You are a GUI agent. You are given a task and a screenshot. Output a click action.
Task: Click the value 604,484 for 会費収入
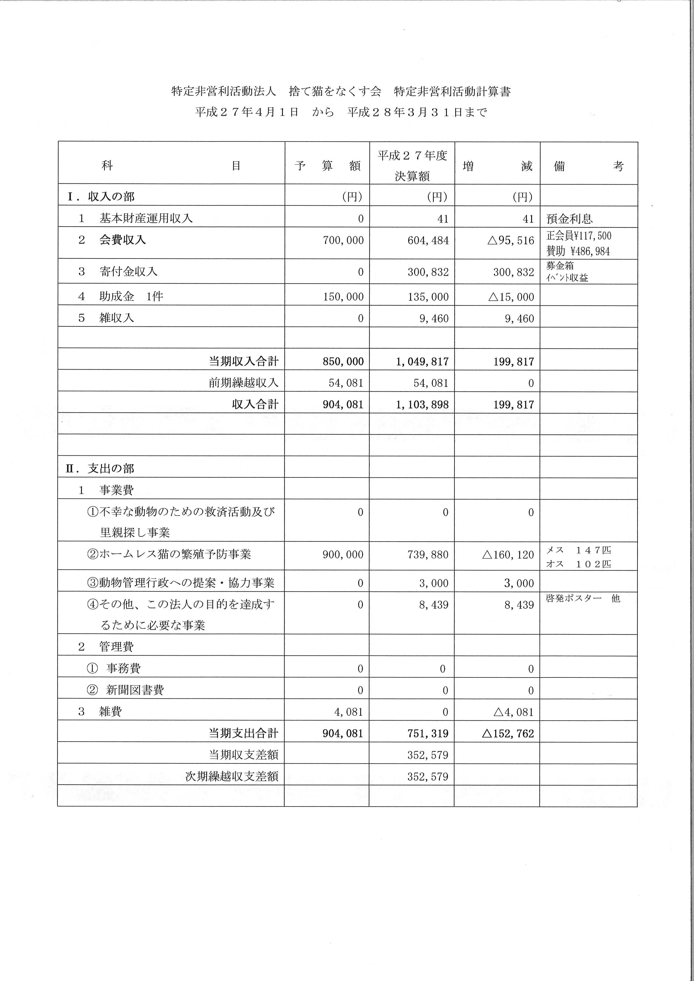pos(428,241)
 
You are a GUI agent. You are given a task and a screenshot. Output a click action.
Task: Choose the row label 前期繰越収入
pos(243,383)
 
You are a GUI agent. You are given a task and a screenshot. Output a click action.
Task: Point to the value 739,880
pos(428,555)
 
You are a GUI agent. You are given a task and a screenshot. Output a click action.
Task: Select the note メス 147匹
pos(579,550)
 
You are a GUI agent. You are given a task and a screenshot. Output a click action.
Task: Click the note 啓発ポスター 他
pos(582,598)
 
